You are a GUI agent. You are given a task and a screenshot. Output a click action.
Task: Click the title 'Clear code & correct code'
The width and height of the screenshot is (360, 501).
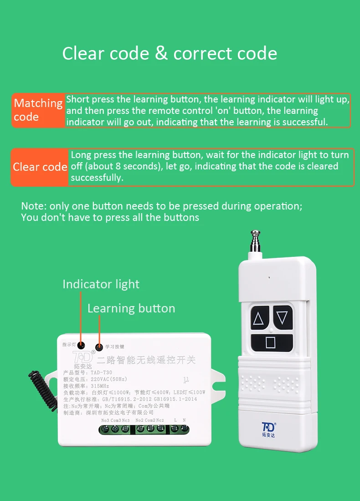pos(170,54)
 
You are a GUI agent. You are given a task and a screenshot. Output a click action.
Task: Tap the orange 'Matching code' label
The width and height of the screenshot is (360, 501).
pos(38,110)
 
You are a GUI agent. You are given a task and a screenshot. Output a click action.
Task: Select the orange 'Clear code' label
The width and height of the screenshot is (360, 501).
pos(40,167)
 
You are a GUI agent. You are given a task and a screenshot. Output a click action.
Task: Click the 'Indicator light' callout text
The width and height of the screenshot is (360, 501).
pos(101,284)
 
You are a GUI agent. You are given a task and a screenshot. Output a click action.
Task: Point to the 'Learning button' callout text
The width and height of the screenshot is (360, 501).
pos(131,308)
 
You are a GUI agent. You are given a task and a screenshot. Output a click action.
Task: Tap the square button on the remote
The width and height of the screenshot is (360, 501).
pos(271,342)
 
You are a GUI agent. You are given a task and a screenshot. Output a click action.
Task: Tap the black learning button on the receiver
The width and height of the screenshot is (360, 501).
pos(99,347)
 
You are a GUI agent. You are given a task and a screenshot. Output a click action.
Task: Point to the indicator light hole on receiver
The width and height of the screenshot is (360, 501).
pos(81,345)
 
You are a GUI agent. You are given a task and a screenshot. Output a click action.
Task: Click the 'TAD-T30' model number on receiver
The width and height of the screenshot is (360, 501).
pos(95,373)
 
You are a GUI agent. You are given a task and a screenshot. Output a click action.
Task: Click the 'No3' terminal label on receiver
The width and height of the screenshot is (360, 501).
pos(105,420)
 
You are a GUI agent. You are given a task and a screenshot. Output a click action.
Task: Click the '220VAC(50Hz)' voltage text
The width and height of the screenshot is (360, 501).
pos(108,379)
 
